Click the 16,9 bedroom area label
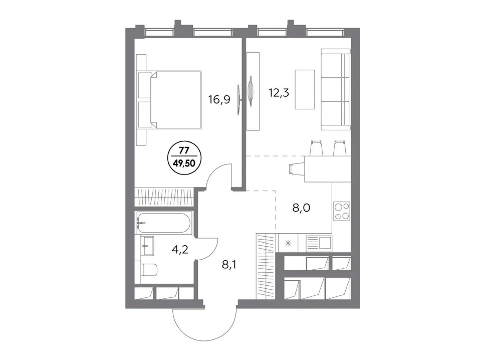(x=219, y=99)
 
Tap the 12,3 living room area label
(x=279, y=92)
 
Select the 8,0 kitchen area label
(x=301, y=208)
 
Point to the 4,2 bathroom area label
(x=180, y=249)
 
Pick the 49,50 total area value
(x=184, y=163)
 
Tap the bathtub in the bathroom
(x=164, y=222)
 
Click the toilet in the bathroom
(x=149, y=270)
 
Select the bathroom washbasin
(x=148, y=246)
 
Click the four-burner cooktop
(x=342, y=211)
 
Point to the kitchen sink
(x=319, y=243)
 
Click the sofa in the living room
(x=336, y=89)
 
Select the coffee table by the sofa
(x=305, y=89)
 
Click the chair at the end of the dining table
(x=297, y=169)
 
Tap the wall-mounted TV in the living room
(x=251, y=91)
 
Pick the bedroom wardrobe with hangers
(x=164, y=197)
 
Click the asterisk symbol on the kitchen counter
(x=288, y=244)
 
